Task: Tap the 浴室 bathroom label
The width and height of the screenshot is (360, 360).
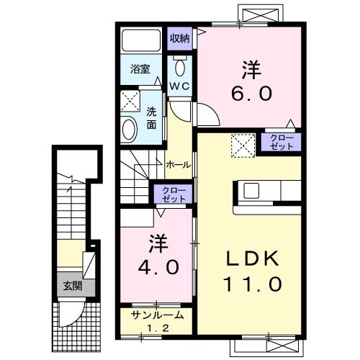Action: tap(140, 70)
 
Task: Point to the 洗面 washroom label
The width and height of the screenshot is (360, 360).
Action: tap(152, 118)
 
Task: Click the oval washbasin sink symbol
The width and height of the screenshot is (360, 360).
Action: tap(130, 129)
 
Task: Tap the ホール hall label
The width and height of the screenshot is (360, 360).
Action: tap(178, 164)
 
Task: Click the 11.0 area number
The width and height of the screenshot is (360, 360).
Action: tap(250, 284)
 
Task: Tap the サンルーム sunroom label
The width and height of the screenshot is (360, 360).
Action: tap(157, 315)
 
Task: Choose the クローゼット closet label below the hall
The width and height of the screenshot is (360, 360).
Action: tap(170, 194)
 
